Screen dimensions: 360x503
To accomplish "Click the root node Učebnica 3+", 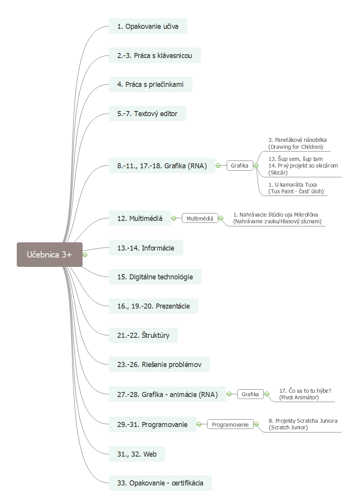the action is pyautogui.click(x=49, y=254).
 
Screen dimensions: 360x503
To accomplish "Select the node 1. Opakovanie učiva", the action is pyautogui.click(x=148, y=26).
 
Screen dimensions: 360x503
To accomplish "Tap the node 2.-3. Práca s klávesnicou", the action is pyautogui.click(x=155, y=55).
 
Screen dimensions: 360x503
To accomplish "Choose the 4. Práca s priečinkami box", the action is pyautogui.click(x=150, y=85).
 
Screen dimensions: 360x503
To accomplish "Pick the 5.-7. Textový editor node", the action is pyautogui.click(x=147, y=114).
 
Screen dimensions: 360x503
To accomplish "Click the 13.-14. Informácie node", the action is pyautogui.click(x=146, y=248).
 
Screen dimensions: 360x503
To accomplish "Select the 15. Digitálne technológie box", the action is pyautogui.click(x=155, y=277).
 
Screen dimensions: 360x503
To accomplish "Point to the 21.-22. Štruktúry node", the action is pyautogui.click(x=143, y=335).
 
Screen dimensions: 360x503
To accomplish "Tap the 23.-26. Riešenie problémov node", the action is pyautogui.click(x=159, y=364).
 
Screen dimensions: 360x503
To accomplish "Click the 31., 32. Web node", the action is pyautogui.click(x=137, y=454).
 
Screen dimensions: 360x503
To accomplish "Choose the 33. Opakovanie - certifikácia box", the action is pyautogui.click(x=160, y=483).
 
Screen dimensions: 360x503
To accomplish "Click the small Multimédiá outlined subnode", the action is pyautogui.click(x=200, y=218).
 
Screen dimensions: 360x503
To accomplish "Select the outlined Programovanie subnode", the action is pyautogui.click(x=230, y=424).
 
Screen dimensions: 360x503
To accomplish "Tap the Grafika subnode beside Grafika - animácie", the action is pyautogui.click(x=250, y=394).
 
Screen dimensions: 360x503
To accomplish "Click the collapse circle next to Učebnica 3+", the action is pyautogui.click(x=85, y=255).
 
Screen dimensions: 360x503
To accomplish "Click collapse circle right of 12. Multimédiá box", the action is pyautogui.click(x=174, y=218).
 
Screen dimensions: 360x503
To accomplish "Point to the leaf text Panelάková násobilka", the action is pyautogui.click(x=297, y=140).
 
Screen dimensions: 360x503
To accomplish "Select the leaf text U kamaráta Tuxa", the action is pyautogui.click(x=293, y=185).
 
